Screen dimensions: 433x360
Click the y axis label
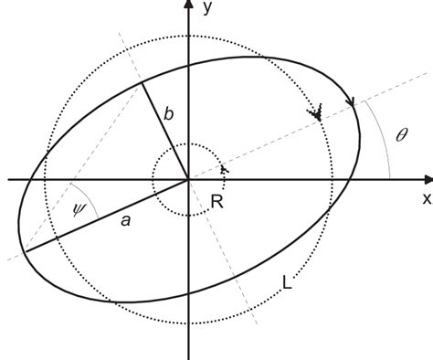[x=209, y=9]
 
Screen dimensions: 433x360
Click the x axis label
[x=425, y=197]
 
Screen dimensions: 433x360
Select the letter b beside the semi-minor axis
[x=167, y=114]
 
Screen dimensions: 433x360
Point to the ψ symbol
[x=78, y=208]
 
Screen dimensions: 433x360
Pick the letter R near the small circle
[x=216, y=201]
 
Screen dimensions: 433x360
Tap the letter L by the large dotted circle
[x=288, y=284]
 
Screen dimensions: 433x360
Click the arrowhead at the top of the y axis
[x=188, y=6]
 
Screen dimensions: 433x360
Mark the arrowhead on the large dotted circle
[x=317, y=115]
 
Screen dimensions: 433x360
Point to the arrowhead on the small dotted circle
[x=223, y=169]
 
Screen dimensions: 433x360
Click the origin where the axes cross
[x=188, y=179]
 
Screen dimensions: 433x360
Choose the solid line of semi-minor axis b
[x=165, y=131]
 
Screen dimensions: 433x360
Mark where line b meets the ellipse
[x=143, y=83]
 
